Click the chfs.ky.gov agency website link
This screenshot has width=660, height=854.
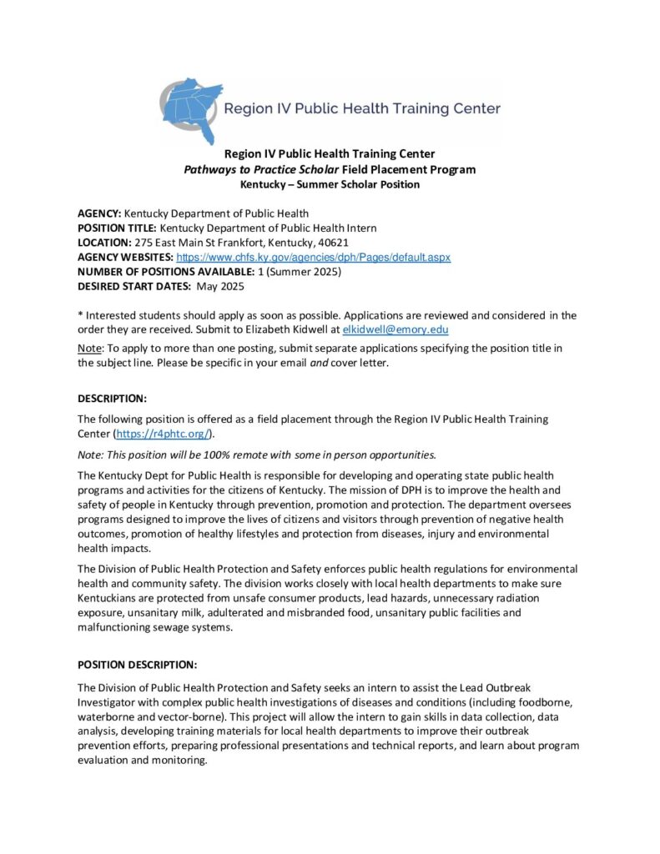(313, 258)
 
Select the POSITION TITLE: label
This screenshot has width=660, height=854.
(117, 229)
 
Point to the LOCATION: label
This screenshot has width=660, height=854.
(104, 243)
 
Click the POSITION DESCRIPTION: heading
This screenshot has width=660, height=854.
(137, 665)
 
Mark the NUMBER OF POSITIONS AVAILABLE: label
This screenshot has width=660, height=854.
(157, 272)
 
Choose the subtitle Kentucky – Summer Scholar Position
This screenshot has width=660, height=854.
(330, 184)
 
